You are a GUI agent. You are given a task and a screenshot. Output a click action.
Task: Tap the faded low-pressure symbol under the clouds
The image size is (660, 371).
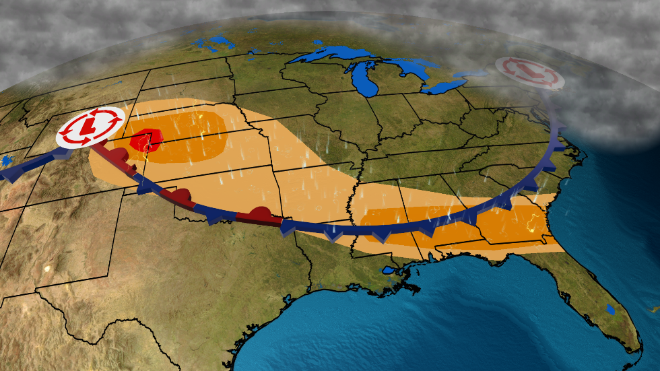[529, 73]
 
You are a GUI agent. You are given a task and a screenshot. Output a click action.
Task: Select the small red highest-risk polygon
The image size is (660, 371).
[143, 142]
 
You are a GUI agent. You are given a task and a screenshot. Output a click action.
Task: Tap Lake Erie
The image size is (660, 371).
[444, 86]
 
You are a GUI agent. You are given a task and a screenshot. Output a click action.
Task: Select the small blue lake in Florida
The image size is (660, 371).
[610, 310]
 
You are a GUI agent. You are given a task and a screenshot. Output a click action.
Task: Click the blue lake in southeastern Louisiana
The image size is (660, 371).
[389, 271]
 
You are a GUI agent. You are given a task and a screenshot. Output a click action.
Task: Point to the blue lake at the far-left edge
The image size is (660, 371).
[6, 161]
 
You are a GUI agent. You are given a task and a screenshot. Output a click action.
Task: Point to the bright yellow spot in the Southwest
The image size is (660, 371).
[47, 269]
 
